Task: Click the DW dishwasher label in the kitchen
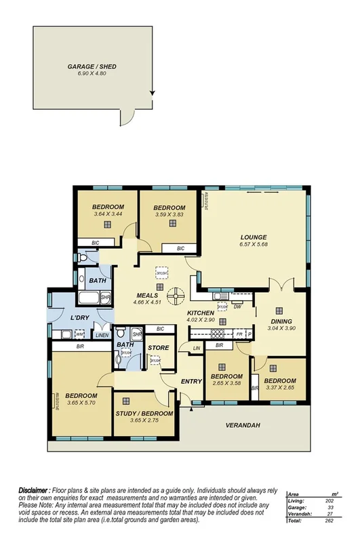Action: [x=238, y=306]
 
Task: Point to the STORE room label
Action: [x=158, y=348]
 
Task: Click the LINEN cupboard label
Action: [x=102, y=335]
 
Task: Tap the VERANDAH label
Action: [x=244, y=425]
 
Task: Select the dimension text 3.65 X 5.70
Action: [x=81, y=403]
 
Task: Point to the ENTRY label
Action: [x=192, y=381]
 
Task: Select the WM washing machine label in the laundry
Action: [x=80, y=334]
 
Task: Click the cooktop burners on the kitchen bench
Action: [x=220, y=333]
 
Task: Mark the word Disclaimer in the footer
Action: [x=33, y=489]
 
